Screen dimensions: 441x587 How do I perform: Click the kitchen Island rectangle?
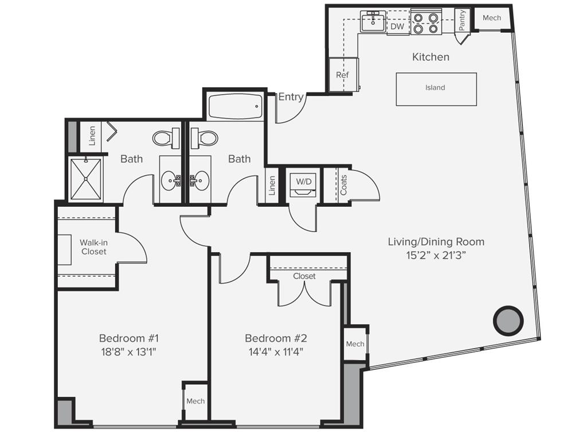(436, 88)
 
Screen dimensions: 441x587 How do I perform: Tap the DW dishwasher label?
(397, 26)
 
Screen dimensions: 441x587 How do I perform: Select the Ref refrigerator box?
(343, 75)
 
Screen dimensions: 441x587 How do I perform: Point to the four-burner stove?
(426, 22)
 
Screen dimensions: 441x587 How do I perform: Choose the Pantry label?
(462, 20)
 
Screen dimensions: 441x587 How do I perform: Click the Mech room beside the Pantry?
(491, 18)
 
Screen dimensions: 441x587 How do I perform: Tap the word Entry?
(291, 97)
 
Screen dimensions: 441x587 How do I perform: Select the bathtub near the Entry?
(235, 106)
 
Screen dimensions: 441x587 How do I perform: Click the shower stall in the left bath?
(85, 179)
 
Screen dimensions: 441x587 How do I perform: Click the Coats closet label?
(343, 185)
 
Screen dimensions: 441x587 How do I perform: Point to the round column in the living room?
(508, 320)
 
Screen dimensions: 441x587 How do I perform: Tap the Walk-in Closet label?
(93, 247)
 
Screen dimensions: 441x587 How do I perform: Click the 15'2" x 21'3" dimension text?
(436, 257)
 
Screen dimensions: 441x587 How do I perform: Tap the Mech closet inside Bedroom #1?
(195, 401)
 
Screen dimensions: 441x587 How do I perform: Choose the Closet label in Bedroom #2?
(304, 276)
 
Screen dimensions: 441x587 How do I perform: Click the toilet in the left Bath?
(166, 138)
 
